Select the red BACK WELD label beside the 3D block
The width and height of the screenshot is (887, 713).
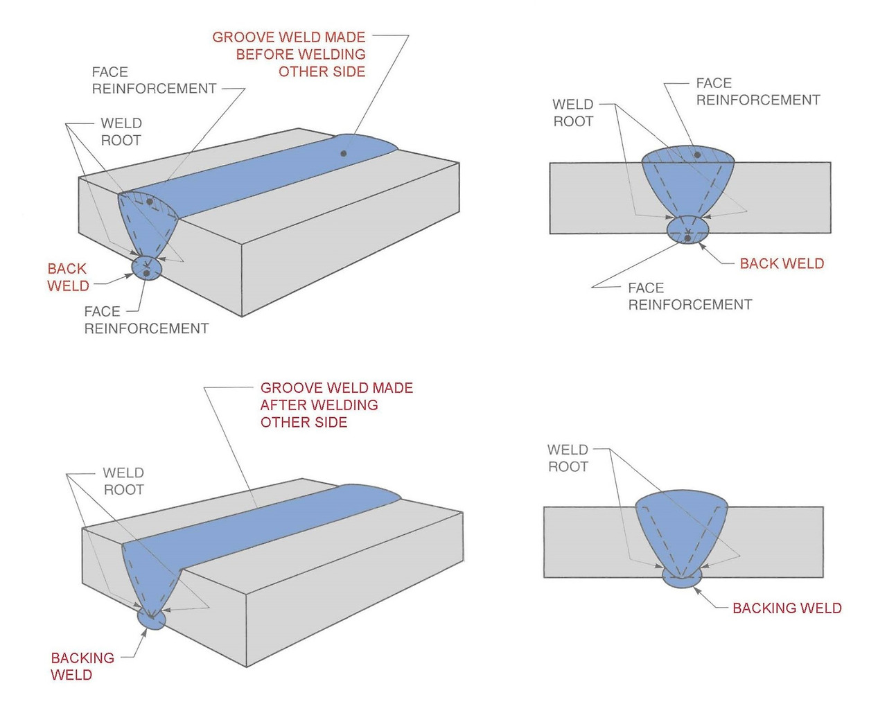tap(68, 277)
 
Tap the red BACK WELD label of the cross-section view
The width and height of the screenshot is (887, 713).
tap(782, 264)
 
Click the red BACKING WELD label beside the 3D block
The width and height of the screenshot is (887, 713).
tap(82, 666)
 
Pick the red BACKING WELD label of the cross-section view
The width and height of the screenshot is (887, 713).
tap(787, 608)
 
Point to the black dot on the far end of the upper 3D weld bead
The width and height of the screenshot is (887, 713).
tap(343, 153)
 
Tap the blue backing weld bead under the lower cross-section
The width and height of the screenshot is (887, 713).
tap(681, 579)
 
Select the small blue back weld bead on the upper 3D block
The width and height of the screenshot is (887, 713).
tap(146, 268)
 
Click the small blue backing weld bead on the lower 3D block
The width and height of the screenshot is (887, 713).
tap(152, 619)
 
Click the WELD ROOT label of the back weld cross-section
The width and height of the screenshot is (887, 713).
tap(573, 113)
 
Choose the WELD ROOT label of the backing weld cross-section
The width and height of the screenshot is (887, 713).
tap(568, 459)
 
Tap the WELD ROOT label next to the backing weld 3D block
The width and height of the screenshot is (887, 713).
tap(123, 481)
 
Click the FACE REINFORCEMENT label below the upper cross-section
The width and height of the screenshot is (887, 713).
tap(690, 297)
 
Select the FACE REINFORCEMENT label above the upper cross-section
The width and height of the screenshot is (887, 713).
tap(757, 91)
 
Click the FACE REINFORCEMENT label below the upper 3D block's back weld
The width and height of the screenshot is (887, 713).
tap(146, 320)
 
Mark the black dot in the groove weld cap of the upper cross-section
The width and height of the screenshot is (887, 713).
tap(697, 155)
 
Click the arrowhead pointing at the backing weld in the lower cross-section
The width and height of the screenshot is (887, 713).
tap(697, 591)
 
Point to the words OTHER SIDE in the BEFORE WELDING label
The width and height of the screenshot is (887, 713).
tap(322, 72)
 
